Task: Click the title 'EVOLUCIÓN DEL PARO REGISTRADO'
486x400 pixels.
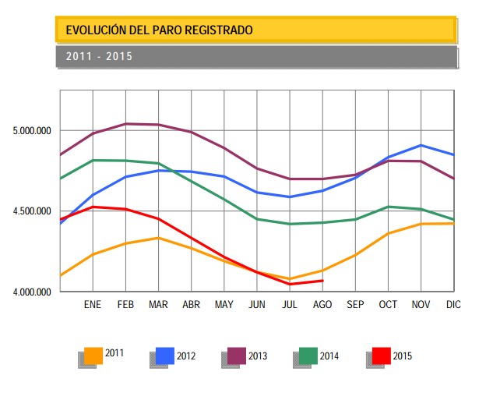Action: click(x=160, y=30)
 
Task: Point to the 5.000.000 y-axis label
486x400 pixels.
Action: click(x=32, y=130)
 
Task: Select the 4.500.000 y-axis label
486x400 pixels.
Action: click(x=32, y=211)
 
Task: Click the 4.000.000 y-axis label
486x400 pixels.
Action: click(x=32, y=292)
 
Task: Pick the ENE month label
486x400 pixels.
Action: click(x=93, y=305)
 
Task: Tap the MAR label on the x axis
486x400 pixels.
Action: click(x=158, y=305)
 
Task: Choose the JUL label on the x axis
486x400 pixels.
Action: click(x=290, y=305)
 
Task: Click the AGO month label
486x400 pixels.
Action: click(x=322, y=305)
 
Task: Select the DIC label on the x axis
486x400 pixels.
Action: click(x=453, y=305)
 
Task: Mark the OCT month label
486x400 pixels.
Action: click(x=388, y=305)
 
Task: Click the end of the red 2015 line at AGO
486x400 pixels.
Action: click(x=323, y=281)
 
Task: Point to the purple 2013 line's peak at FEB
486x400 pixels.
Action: click(x=125, y=124)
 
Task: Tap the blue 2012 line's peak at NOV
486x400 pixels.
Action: click(x=421, y=145)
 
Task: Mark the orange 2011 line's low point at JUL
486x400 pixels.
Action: click(x=290, y=278)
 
